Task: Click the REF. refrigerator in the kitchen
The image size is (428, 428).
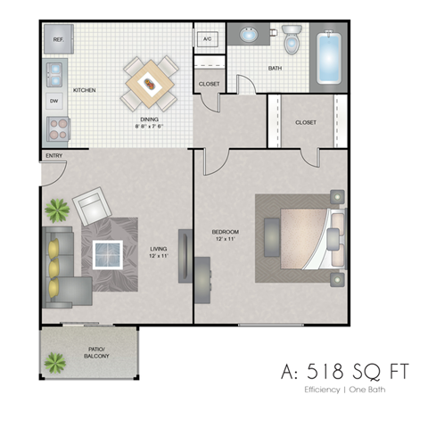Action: (x=57, y=40)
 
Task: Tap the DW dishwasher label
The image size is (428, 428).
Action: (x=54, y=101)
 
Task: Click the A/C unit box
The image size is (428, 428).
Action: (x=207, y=39)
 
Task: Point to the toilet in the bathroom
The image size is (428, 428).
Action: (x=291, y=40)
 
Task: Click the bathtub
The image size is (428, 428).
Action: (x=331, y=58)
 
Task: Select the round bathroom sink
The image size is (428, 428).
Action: (x=248, y=37)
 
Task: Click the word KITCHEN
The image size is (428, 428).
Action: (x=85, y=90)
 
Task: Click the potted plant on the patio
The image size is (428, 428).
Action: (x=55, y=362)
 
